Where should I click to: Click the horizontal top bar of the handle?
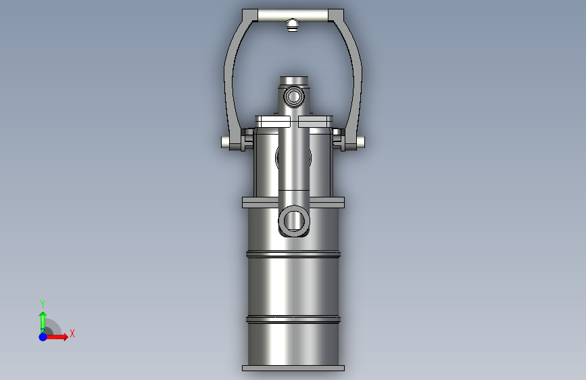[293, 16]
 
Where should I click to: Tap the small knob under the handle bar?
[292, 26]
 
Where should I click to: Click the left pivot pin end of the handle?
[225, 142]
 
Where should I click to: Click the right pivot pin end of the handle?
[360, 142]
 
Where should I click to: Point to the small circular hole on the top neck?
[294, 97]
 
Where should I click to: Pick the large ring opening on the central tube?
[294, 220]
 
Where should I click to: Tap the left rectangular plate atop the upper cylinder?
[272, 121]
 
